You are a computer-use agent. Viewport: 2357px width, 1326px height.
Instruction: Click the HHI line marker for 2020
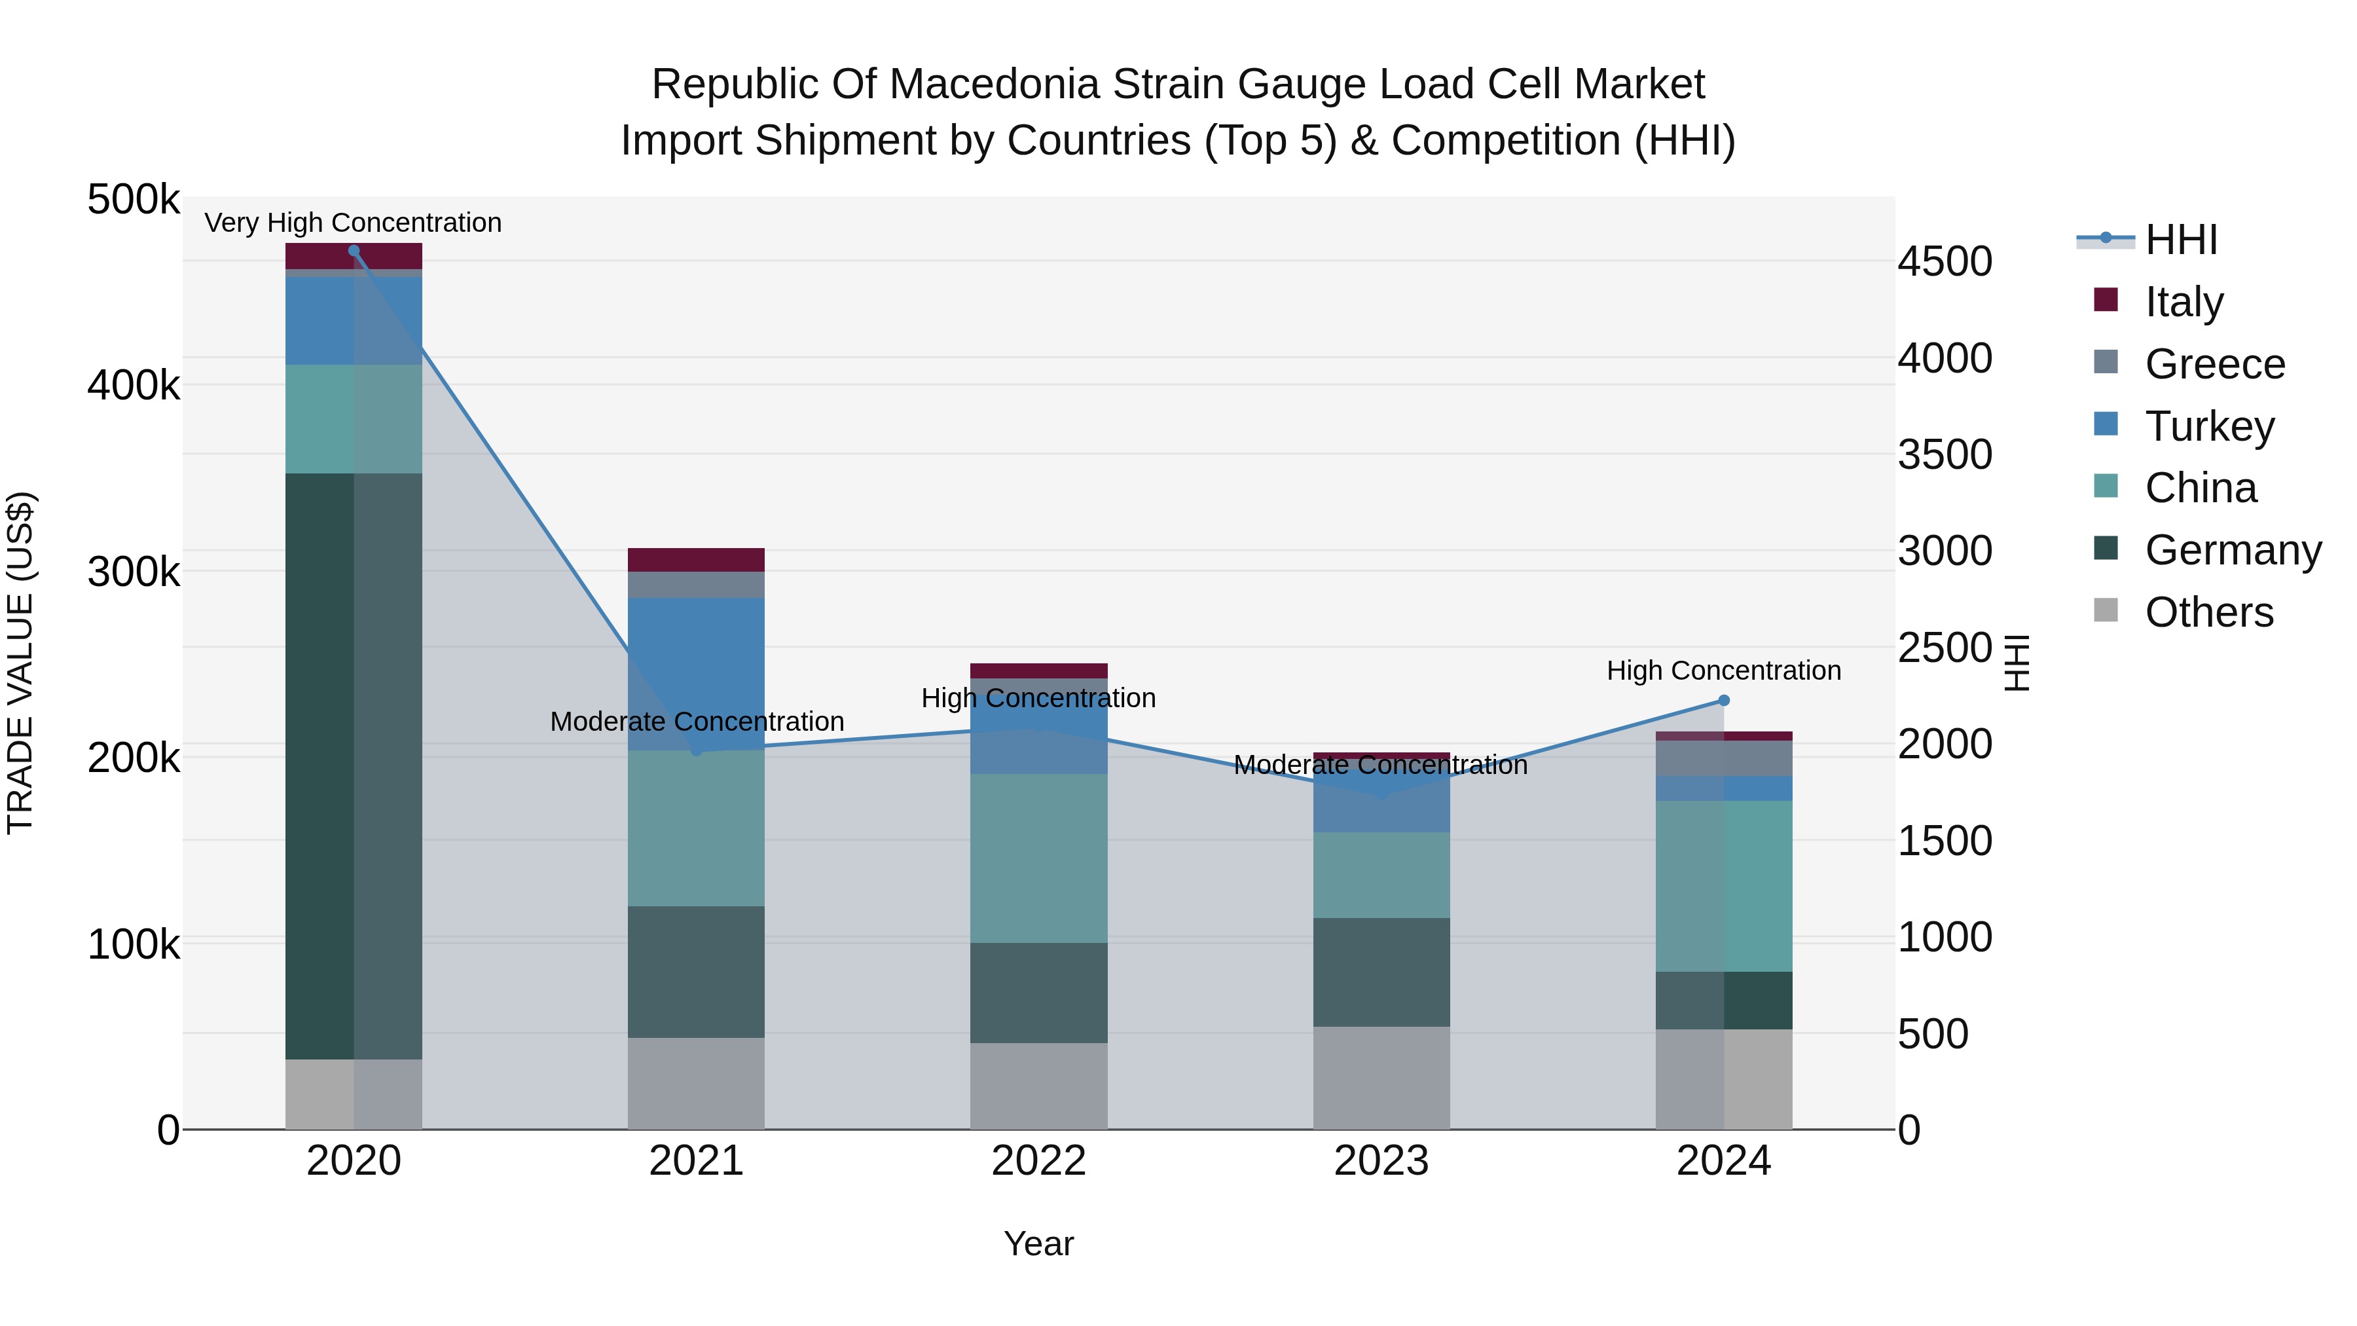click(x=354, y=251)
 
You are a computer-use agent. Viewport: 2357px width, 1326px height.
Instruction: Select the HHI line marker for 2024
click(x=1724, y=700)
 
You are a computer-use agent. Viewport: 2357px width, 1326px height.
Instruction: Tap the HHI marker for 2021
click(x=697, y=750)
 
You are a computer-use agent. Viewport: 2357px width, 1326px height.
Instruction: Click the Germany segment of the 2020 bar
click(x=354, y=766)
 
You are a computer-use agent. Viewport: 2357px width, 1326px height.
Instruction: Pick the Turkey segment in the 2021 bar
click(x=697, y=674)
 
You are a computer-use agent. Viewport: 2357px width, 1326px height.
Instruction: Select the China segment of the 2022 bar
click(x=1038, y=858)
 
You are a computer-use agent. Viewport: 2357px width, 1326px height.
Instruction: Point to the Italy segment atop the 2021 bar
click(x=697, y=560)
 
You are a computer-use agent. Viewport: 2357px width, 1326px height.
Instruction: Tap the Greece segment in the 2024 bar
click(x=1724, y=759)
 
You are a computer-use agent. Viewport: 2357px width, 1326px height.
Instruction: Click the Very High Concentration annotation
click(x=353, y=223)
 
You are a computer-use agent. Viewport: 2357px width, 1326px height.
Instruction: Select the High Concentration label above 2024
click(x=1724, y=671)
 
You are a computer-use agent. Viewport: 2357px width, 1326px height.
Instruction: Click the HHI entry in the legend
click(x=2182, y=240)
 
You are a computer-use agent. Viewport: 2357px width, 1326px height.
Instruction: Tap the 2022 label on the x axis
click(x=1038, y=1161)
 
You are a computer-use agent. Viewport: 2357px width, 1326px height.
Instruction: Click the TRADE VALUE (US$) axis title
click(x=20, y=663)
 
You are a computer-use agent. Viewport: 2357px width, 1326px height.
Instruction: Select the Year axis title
click(x=1038, y=1243)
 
